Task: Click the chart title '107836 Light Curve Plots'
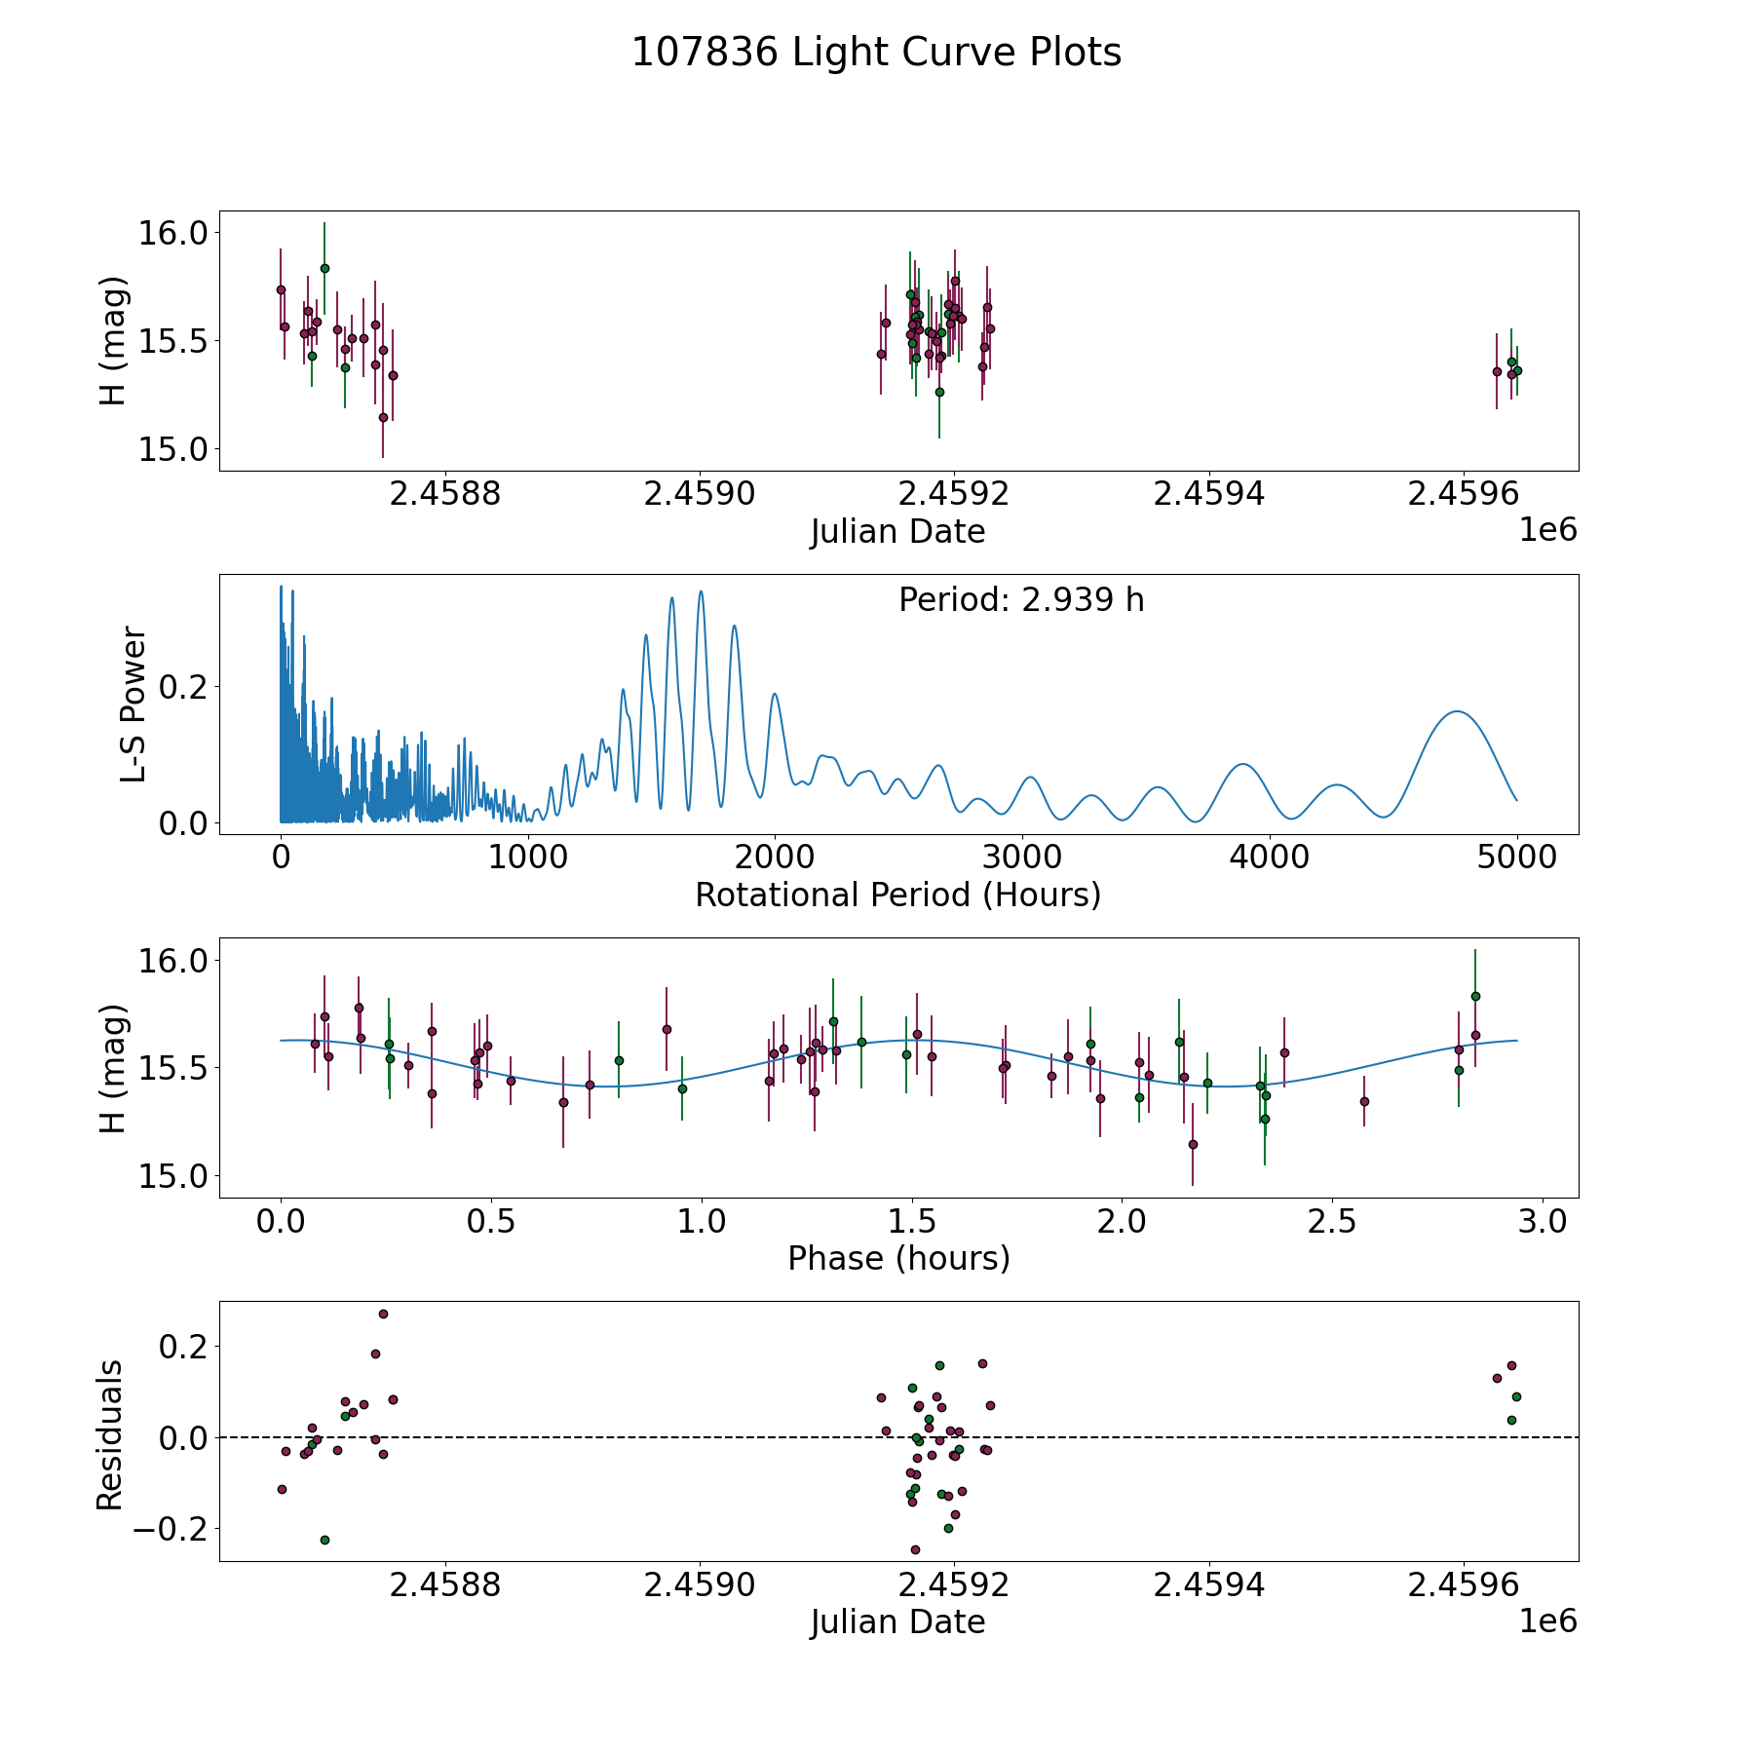876,53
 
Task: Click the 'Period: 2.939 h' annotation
1021,600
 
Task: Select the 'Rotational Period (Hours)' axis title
897,895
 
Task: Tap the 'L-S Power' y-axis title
133,705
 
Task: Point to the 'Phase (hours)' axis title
898,1258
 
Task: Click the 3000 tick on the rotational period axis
1022,858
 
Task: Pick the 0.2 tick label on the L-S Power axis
184,687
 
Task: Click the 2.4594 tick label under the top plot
1208,494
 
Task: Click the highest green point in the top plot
324,268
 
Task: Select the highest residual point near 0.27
383,1314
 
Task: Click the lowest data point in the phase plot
1193,1144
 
